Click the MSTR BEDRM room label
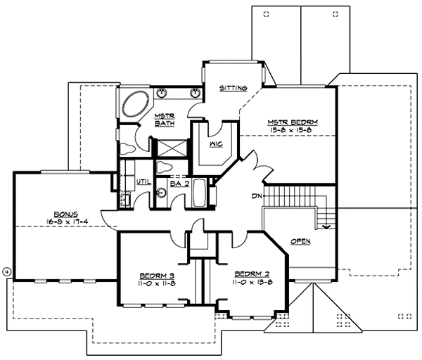point(293,122)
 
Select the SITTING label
point(233,88)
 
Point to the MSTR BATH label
point(164,120)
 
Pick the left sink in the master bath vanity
point(162,92)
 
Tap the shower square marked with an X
point(169,148)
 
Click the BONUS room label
point(65,213)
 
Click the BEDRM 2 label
point(249,274)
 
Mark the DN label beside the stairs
point(258,196)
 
